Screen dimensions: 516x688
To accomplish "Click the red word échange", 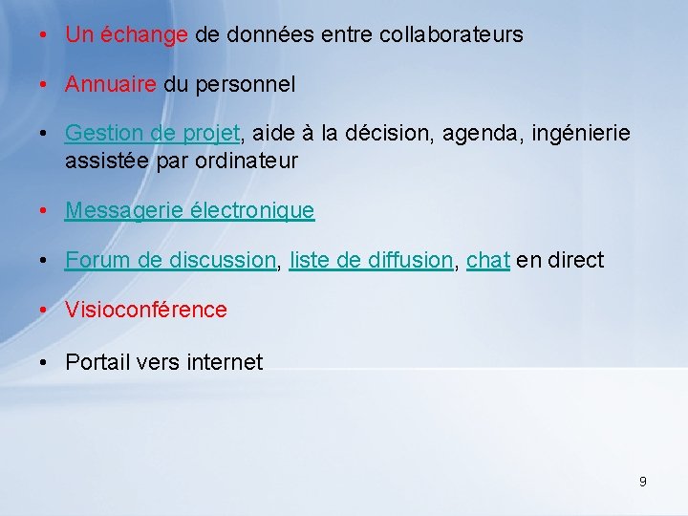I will [x=144, y=35].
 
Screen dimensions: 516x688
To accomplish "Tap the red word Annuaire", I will [x=110, y=85].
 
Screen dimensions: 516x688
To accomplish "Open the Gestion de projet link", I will [x=152, y=135].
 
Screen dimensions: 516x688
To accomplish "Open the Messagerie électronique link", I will [x=189, y=210].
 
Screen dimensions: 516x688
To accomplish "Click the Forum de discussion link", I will [x=170, y=260].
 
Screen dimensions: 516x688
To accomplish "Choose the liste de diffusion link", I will [x=371, y=260].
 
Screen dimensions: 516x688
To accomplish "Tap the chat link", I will [x=487, y=260].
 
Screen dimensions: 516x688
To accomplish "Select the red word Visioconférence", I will [x=146, y=310].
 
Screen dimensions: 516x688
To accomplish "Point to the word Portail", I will [x=97, y=362].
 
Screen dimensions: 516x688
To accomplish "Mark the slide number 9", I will [x=642, y=482].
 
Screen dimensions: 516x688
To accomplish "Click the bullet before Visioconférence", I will [x=45, y=311].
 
